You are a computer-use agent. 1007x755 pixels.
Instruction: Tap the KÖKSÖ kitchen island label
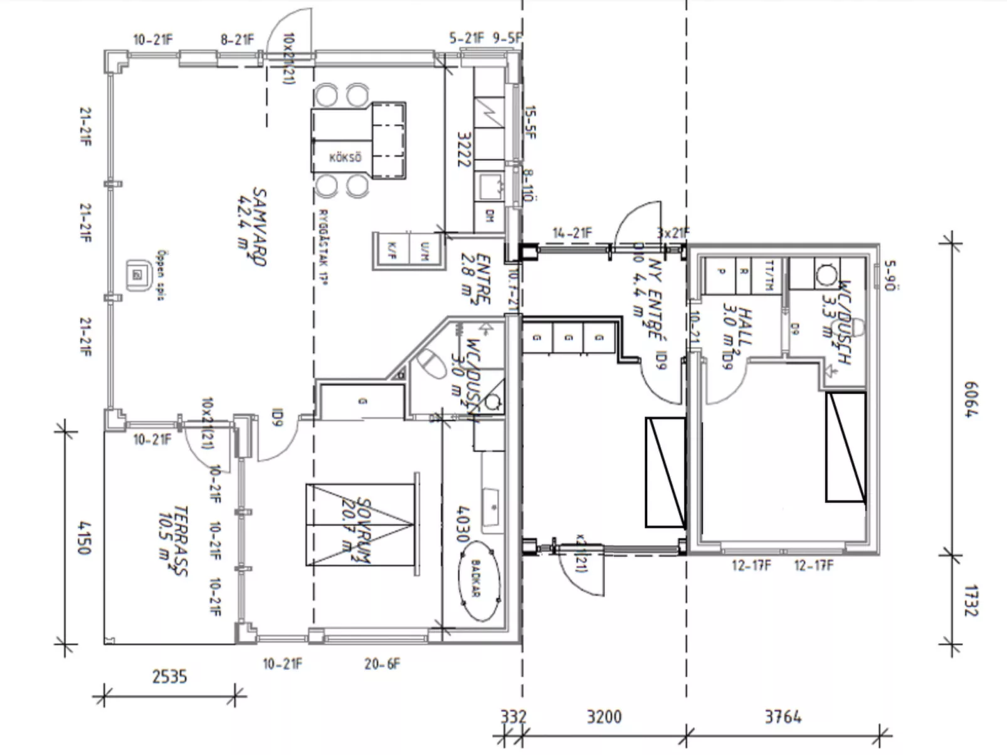pos(345,158)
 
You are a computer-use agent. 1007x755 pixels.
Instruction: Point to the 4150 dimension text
pos(83,536)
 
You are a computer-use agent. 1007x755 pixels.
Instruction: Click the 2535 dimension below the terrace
pos(169,677)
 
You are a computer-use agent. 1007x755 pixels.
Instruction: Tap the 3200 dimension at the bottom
pos(604,716)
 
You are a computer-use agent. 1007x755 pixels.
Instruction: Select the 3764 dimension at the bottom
pos(783,716)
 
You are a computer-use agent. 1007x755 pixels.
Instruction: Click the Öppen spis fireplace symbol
pos(138,275)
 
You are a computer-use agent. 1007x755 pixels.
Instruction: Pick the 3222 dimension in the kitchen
pos(463,149)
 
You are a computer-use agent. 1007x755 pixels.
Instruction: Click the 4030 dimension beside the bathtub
pos(463,524)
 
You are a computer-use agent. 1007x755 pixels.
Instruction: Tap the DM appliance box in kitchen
pos(490,216)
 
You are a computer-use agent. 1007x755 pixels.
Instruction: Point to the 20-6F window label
pos(382,664)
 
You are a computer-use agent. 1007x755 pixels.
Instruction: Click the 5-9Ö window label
pos(890,275)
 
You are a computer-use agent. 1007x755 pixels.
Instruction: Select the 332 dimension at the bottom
pos(512,716)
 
